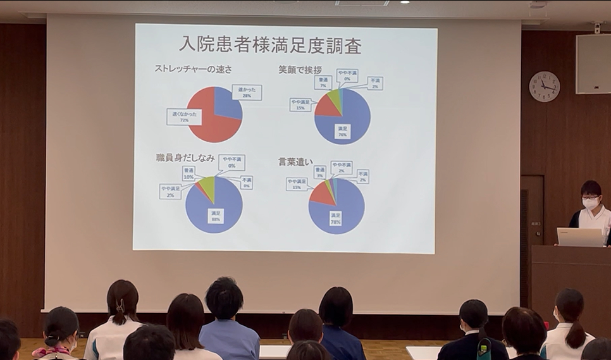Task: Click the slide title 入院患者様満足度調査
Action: pyautogui.click(x=270, y=45)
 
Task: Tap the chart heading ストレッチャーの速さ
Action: pyautogui.click(x=194, y=69)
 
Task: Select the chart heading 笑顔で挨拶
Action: pyautogui.click(x=300, y=69)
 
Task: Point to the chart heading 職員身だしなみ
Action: pyautogui.click(x=185, y=158)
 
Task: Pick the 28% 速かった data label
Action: pyautogui.click(x=247, y=92)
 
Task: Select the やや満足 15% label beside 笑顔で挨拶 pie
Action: pyautogui.click(x=300, y=104)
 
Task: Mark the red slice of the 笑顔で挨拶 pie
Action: pyautogui.click(x=327, y=106)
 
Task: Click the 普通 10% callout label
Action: pyautogui.click(x=188, y=173)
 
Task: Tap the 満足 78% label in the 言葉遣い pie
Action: pyautogui.click(x=335, y=219)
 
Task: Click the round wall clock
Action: pyautogui.click(x=544, y=87)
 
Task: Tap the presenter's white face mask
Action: pyautogui.click(x=590, y=204)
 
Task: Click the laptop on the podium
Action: pyautogui.click(x=580, y=237)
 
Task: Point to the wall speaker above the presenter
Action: pyautogui.click(x=593, y=64)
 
